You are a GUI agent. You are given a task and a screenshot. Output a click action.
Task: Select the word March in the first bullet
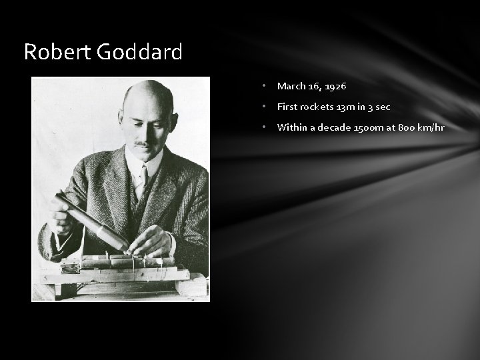pyautogui.click(x=291, y=86)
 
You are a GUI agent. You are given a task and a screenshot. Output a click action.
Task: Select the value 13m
pyautogui.click(x=347, y=107)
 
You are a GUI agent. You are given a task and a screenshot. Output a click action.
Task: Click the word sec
pyautogui.click(x=383, y=107)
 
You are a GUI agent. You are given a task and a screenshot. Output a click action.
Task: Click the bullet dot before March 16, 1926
pyautogui.click(x=265, y=86)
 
